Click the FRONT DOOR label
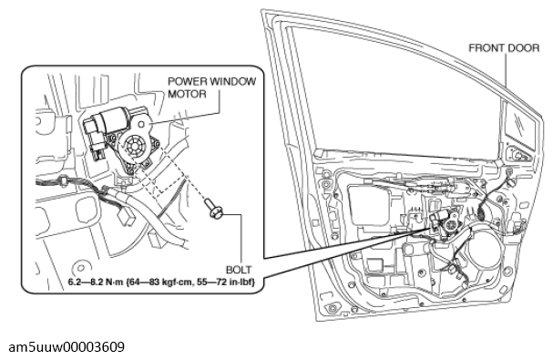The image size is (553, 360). (504, 48)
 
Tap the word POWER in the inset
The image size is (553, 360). (188, 81)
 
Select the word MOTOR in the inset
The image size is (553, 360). (187, 94)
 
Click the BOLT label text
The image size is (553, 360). (239, 270)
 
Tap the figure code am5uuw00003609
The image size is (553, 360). (67, 347)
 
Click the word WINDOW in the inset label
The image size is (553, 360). (232, 81)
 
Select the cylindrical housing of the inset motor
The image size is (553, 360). (110, 118)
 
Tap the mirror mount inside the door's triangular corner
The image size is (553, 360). (517, 154)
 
